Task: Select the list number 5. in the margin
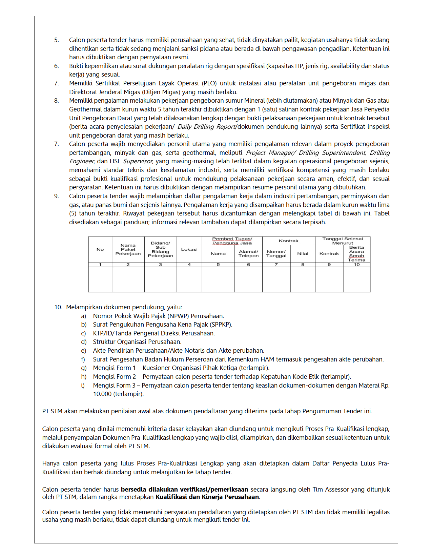pos(56,40)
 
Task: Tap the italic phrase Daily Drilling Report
pos(206,127)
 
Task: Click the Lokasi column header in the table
pos(189,249)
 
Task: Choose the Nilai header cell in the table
pos(303,254)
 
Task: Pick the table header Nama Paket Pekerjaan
pos(128,249)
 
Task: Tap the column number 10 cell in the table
pos(356,265)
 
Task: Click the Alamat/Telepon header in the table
pos(248,254)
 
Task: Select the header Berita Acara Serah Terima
pos(356,254)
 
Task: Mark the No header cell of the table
pos(100,249)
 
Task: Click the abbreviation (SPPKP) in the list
pos(221,325)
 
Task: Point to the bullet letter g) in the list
pos(84,368)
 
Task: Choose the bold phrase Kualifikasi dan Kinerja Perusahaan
pos(207,497)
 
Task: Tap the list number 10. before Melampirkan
pos(58,307)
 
